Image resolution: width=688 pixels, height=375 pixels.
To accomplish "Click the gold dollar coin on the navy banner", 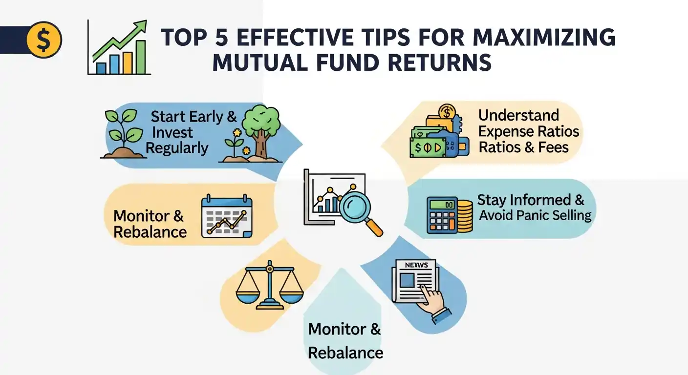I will [44, 40].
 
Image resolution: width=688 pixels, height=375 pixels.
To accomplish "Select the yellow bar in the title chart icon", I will [128, 62].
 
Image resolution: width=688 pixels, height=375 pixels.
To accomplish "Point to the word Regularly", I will [177, 148].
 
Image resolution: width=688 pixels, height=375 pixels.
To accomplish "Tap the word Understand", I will [518, 115].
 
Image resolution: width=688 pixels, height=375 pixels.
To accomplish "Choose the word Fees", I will [554, 147].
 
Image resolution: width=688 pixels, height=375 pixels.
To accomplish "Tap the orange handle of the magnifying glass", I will [374, 228].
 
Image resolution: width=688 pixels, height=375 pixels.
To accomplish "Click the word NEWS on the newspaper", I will [416, 265].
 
